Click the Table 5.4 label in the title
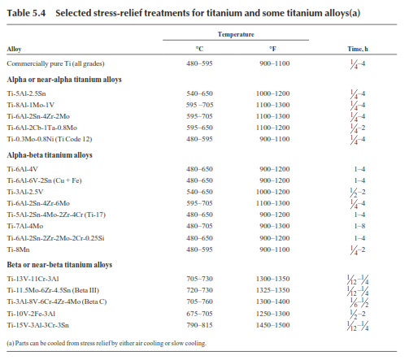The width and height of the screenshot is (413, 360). pos(26,13)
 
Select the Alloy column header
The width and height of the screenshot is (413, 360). pos(14,49)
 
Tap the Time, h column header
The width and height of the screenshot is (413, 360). pos(358,49)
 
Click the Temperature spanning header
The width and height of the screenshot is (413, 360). pos(236,34)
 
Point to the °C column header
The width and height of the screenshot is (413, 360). pos(199,49)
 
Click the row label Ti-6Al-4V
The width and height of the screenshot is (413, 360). pos(23,169)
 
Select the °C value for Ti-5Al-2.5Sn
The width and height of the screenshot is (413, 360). pos(199,93)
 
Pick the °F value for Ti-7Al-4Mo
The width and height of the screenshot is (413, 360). pos(275,226)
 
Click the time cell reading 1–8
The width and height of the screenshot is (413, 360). pos(359,226)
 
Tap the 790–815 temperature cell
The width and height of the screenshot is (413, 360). pos(199,325)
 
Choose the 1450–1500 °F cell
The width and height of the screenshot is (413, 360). pos(273,325)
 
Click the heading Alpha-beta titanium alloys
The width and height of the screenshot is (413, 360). pos(50,155)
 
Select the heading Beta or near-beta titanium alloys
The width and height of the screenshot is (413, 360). pos(59,265)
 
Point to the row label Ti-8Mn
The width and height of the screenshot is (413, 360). pos(18,249)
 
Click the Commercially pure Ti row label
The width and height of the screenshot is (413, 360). pos(55,63)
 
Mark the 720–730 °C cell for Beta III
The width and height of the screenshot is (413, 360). pos(199,290)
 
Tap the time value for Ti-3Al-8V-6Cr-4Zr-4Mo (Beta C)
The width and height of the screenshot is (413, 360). pos(358,302)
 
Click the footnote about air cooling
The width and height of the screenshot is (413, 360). pos(107,343)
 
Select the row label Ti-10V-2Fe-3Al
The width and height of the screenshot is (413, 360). pos(31,314)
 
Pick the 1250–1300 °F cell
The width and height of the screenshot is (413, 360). pos(273,314)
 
